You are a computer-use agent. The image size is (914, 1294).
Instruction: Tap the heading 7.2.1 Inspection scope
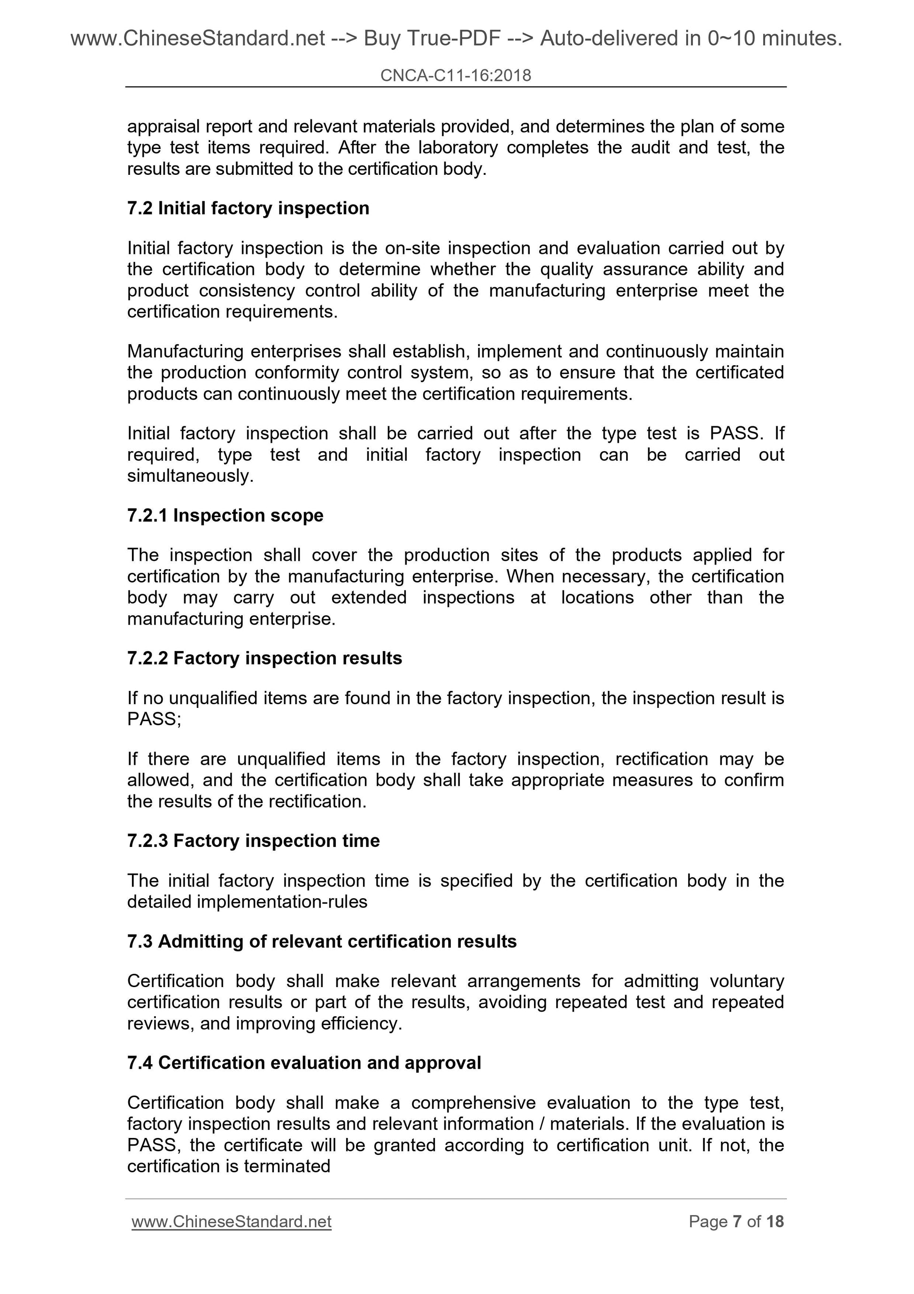pyautogui.click(x=225, y=515)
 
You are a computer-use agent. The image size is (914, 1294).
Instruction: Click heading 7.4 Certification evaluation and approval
pyautogui.click(x=304, y=1062)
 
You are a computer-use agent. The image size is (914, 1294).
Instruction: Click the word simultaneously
pyautogui.click(x=190, y=476)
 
